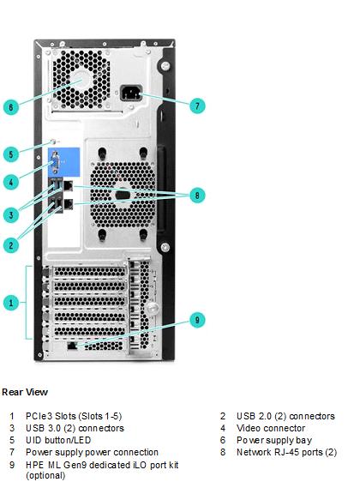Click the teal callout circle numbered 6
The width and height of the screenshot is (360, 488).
click(x=11, y=107)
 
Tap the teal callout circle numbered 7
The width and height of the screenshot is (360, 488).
click(x=197, y=105)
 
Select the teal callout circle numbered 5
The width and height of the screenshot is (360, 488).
click(x=11, y=154)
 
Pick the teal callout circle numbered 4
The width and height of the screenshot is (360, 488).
click(x=11, y=182)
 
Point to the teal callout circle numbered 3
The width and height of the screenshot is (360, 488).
click(x=11, y=214)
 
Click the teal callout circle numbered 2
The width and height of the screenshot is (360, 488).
click(x=11, y=245)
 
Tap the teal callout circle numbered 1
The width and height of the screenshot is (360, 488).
click(x=11, y=303)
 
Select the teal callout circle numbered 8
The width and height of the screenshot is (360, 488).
click(x=197, y=196)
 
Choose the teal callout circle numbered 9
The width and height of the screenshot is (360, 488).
click(x=197, y=320)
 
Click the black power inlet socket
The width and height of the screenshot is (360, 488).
click(x=131, y=93)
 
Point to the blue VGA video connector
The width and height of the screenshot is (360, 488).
click(x=56, y=162)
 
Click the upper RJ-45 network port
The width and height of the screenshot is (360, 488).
click(x=68, y=186)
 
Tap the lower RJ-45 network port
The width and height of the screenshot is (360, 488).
click(x=68, y=204)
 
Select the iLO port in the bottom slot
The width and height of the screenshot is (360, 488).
click(x=72, y=345)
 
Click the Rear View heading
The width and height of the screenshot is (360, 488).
click(x=25, y=392)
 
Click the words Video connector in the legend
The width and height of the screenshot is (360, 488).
click(x=271, y=428)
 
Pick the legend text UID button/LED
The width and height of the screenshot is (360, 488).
click(x=58, y=440)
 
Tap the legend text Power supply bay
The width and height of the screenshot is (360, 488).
click(x=274, y=440)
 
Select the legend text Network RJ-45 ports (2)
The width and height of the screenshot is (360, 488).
click(x=286, y=452)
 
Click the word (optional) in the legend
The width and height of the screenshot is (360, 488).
click(x=45, y=475)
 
